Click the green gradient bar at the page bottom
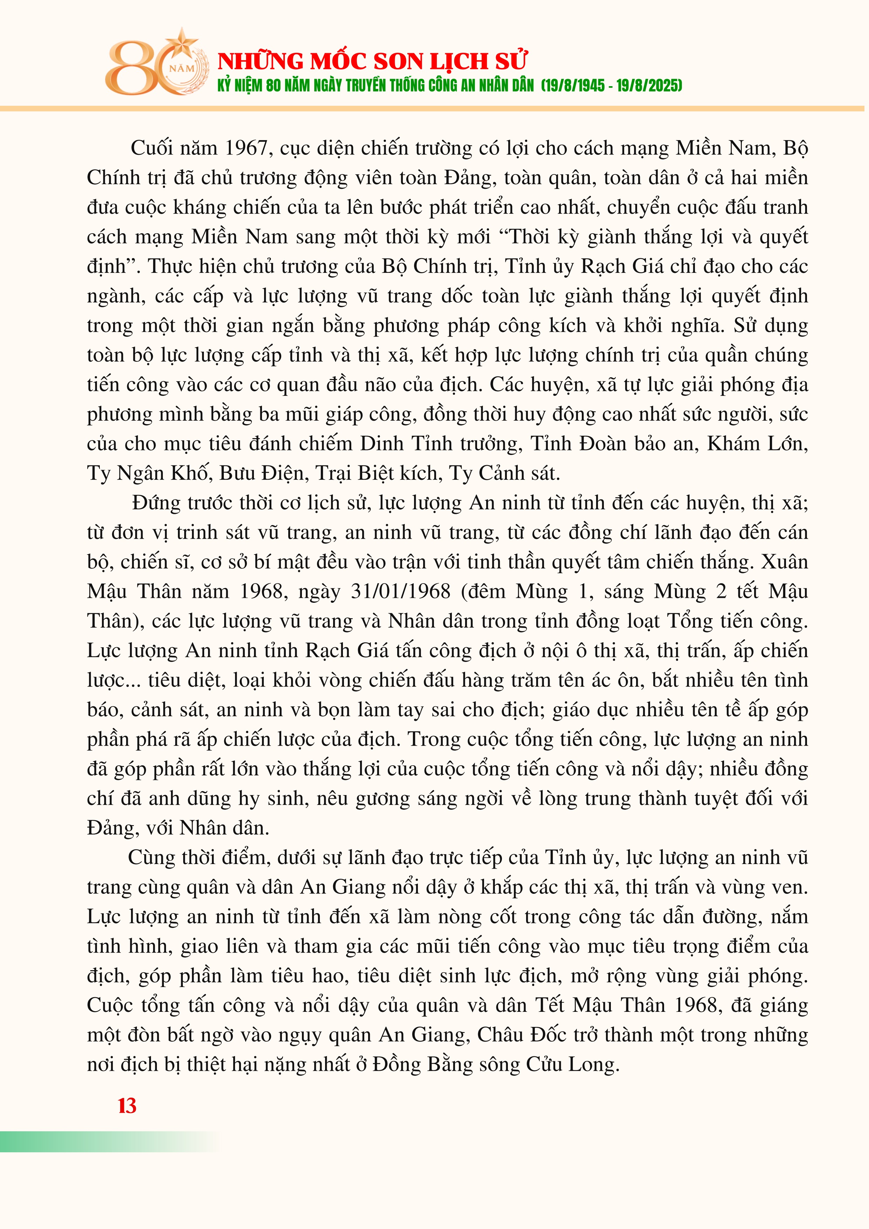click(107, 1142)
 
